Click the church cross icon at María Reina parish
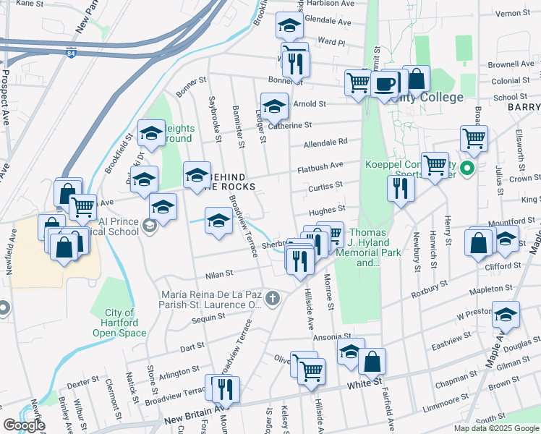(272, 297)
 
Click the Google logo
(25, 425)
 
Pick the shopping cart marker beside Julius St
(474, 137)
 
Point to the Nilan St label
(218, 274)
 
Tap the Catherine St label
(289, 125)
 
